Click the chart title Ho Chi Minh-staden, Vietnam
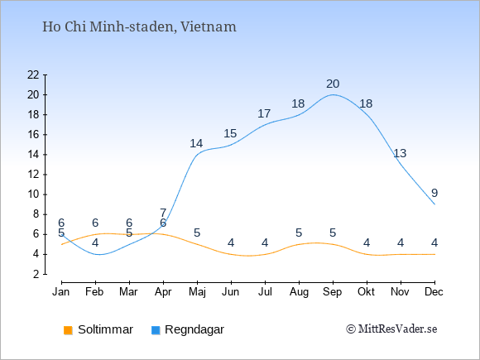coord(139,27)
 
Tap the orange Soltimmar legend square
coord(68,330)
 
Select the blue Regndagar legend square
coord(156,330)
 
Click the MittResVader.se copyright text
coord(391,329)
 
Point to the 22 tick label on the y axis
coord(33,74)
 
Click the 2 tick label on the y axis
coord(36,274)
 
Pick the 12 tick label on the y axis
coord(33,175)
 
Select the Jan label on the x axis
coord(61,292)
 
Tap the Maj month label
coord(197,292)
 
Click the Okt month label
coord(367,292)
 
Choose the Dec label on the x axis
coord(434,292)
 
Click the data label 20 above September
coord(333,84)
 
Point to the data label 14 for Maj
coord(196,143)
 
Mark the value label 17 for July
coord(264,114)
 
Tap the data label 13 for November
coord(400,153)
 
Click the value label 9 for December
coord(434,193)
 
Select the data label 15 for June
coord(230,134)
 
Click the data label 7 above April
coord(163,213)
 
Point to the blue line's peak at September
coord(333,94)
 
